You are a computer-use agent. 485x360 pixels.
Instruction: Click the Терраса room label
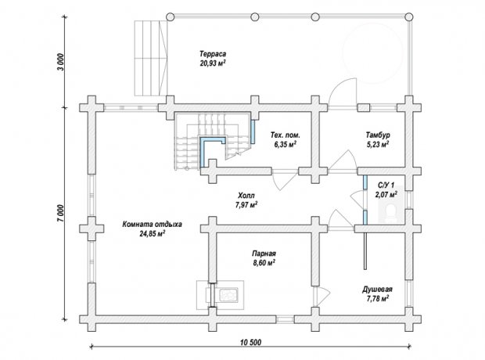tap(213, 54)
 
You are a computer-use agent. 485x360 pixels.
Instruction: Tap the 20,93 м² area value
tap(213, 63)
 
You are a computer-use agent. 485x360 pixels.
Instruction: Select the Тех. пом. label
tap(286, 135)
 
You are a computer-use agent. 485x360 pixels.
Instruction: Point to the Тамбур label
tap(378, 135)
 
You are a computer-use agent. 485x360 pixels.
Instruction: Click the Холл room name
tap(246, 196)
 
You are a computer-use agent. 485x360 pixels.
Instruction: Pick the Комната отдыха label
tap(153, 224)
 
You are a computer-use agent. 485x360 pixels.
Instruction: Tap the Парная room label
tap(264, 254)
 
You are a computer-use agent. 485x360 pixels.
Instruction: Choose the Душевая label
tap(377, 290)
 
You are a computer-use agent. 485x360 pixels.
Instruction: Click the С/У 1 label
tap(386, 185)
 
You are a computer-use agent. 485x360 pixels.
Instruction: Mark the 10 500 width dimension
tap(250, 342)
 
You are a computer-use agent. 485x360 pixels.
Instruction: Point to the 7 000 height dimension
tap(61, 213)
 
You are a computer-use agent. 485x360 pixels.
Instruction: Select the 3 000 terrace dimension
tap(61, 63)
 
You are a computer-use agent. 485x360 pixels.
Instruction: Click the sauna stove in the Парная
tap(227, 295)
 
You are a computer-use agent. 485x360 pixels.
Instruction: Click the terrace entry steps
tap(151, 58)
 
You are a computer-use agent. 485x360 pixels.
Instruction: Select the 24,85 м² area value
tap(153, 234)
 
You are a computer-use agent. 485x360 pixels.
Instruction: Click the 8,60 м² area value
tap(264, 263)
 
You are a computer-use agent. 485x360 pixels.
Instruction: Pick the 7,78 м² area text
tap(378, 299)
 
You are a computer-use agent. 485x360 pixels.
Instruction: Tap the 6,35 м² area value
tap(286, 145)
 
